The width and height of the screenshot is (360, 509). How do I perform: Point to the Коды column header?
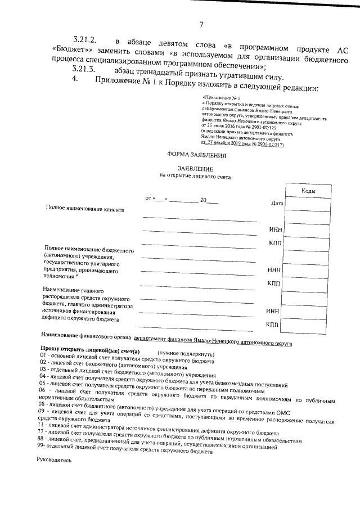tap(308, 191)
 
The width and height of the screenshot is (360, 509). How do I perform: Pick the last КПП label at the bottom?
tap(272, 325)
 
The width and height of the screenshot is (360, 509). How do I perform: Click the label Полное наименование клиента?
tap(85, 209)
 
